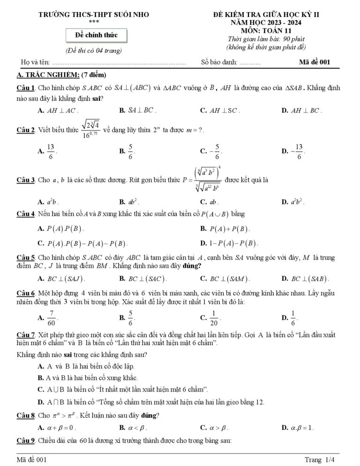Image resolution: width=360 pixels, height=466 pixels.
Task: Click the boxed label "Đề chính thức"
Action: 96,35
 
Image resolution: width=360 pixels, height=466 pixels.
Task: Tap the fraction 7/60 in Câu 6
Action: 51,318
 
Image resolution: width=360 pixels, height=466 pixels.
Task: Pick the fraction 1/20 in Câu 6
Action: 214,318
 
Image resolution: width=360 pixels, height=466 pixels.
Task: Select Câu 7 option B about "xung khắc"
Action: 84,377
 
